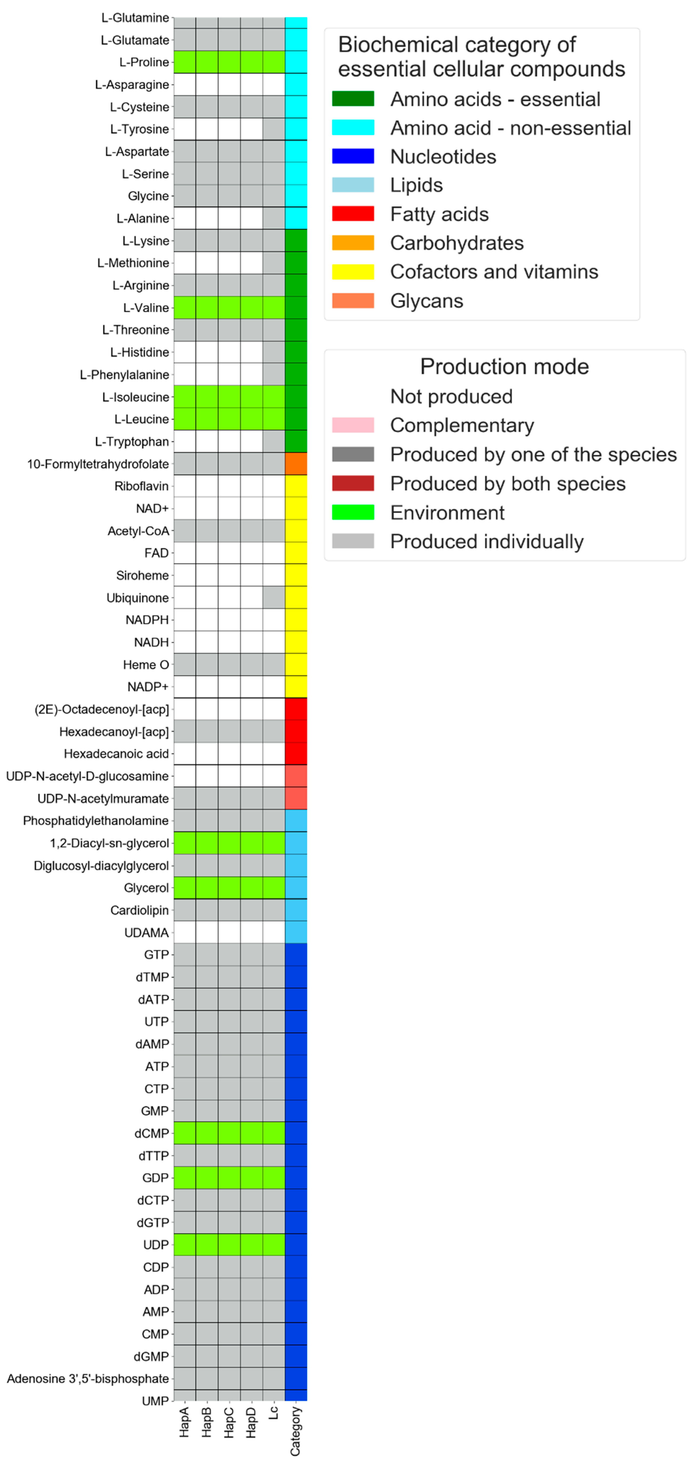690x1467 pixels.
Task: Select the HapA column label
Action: [x=184, y=1422]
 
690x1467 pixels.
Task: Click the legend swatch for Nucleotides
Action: [x=353, y=156]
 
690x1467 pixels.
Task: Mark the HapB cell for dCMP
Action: [x=206, y=1133]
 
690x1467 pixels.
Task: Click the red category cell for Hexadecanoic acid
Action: [x=296, y=753]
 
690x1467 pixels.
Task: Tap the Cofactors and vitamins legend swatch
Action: [x=353, y=272]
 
